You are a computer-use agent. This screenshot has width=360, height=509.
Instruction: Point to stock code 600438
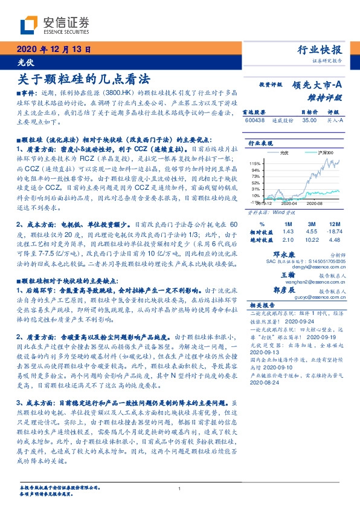(256, 120)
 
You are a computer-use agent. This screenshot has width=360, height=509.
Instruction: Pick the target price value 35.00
(309, 120)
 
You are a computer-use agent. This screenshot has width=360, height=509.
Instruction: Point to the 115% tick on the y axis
(254, 163)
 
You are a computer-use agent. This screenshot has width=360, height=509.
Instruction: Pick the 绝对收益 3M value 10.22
(312, 240)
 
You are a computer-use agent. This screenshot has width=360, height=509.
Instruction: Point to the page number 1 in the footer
(180, 489)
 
